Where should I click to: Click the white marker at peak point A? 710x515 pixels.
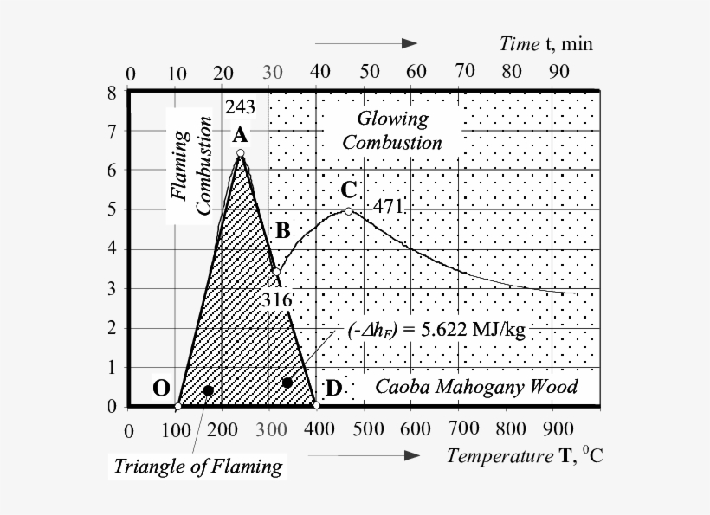[241, 154]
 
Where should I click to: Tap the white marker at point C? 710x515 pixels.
[348, 210]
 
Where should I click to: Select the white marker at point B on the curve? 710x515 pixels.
[275, 271]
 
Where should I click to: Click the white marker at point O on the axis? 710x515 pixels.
[177, 406]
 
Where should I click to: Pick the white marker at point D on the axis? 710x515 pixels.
[316, 405]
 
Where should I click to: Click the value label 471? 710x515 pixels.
[388, 208]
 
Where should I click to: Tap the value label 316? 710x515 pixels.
[277, 300]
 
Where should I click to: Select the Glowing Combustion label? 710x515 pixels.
[391, 131]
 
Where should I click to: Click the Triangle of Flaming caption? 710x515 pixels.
[198, 467]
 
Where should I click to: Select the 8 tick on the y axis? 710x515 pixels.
[111, 93]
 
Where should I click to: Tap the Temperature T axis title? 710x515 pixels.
[525, 456]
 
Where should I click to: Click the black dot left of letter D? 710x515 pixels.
[287, 383]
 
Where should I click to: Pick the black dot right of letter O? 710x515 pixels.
[208, 390]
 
